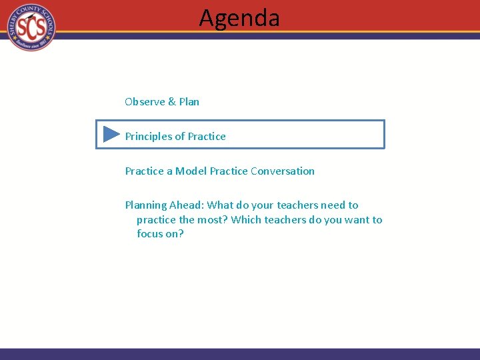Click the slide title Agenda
point(239,18)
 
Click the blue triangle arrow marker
point(111,135)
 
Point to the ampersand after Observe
point(172,102)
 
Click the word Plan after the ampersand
point(189,102)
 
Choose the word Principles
point(149,137)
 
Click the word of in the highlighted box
point(180,137)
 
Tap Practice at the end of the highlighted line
point(207,137)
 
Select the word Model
point(191,171)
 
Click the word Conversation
point(283,171)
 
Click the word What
point(221,206)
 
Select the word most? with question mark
point(213,220)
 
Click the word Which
point(247,220)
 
